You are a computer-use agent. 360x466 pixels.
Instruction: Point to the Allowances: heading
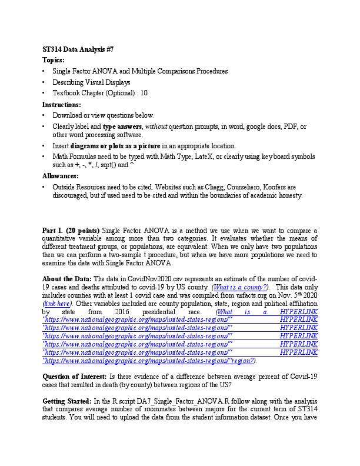pyautogui.click(x=61, y=176)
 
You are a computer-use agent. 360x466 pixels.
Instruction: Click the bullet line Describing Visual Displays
pyautogui.click(x=91, y=82)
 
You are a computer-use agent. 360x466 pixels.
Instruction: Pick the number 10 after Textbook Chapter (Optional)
pyautogui.click(x=144, y=93)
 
